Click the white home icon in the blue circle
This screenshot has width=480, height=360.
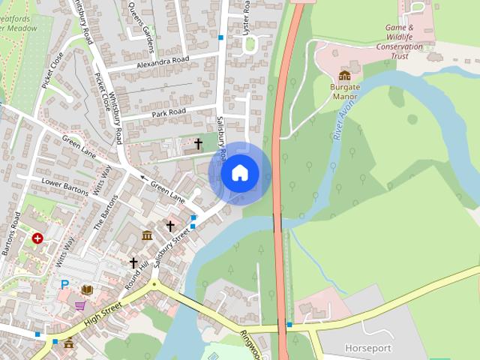coord(239,173)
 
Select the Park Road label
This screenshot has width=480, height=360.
coord(168,112)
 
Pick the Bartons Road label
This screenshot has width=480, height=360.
coord(10,233)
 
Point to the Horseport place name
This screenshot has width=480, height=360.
coord(367,348)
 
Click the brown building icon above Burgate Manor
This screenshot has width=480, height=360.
coord(344,75)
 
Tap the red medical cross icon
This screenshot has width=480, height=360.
coord(37,238)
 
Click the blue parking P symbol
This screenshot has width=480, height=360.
coord(64,285)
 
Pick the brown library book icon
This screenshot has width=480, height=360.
coord(88,289)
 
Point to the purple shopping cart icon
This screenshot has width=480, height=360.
coord(80,306)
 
